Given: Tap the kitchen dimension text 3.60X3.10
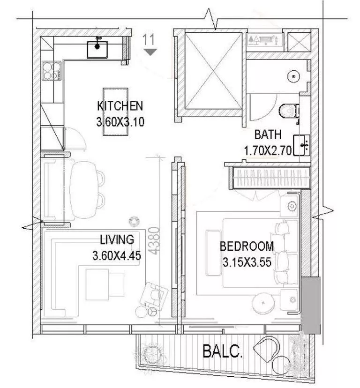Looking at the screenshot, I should click(120, 122).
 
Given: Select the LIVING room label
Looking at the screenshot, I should click(117, 240).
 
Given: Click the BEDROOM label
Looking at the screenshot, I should click(247, 246).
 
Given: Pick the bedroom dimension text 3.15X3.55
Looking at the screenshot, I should click(247, 262).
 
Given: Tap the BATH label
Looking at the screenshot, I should click(268, 135).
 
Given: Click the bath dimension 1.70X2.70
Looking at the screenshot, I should click(268, 150).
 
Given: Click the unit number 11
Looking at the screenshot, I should click(150, 39).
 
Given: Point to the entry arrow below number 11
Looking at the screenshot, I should click(150, 52).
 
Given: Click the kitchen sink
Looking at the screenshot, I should click(97, 48).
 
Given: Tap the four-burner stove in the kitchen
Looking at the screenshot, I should click(52, 72).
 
